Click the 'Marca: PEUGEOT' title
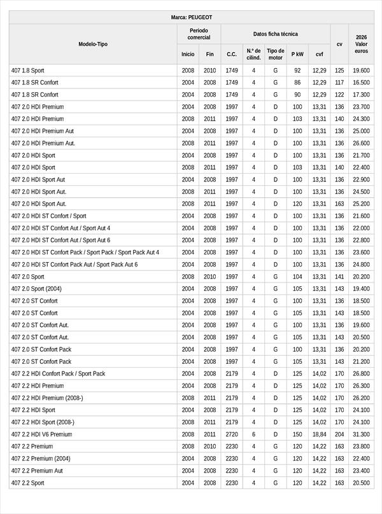(192, 17)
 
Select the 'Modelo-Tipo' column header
(93, 44)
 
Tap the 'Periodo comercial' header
(199, 34)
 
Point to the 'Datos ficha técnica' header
(275, 34)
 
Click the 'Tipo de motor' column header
(276, 54)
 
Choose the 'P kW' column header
(297, 54)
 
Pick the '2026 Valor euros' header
(361, 44)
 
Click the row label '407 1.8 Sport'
(28, 71)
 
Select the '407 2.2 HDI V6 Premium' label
(41, 434)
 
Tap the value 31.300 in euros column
(361, 434)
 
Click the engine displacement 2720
(232, 434)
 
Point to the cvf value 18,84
(319, 434)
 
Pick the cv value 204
(339, 434)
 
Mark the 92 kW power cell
(297, 71)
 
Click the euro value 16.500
(361, 83)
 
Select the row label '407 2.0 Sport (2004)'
(37, 289)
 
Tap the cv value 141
(339, 277)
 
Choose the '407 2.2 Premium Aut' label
(37, 471)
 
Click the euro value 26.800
(361, 373)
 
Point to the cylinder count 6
(253, 434)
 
